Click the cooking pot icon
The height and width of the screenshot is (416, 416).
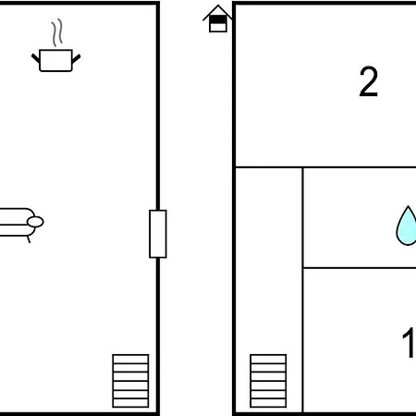tap(55, 60)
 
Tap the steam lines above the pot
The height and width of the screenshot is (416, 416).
tap(57, 32)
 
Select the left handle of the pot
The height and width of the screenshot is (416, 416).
tap(36, 58)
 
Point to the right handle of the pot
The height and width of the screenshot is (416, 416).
tap(76, 58)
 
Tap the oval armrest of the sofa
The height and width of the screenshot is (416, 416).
tap(35, 222)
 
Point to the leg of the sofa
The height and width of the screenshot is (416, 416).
tap(29, 239)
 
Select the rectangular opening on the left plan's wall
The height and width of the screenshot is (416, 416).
tap(158, 234)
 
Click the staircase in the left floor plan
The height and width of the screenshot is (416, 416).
tap(130, 381)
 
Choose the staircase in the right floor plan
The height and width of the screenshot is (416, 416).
tap(268, 381)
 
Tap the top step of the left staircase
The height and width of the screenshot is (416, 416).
tap(130, 359)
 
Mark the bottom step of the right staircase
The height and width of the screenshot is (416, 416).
tap(268, 403)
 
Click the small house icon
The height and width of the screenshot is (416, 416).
tap(217, 18)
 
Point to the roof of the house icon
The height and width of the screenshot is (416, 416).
tap(217, 12)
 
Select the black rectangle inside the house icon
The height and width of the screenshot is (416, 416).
tap(218, 19)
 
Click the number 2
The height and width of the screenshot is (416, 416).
tap(369, 81)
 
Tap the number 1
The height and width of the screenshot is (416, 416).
tap(409, 342)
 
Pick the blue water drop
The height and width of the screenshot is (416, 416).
tap(406, 226)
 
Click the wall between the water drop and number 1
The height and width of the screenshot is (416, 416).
tap(360, 268)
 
